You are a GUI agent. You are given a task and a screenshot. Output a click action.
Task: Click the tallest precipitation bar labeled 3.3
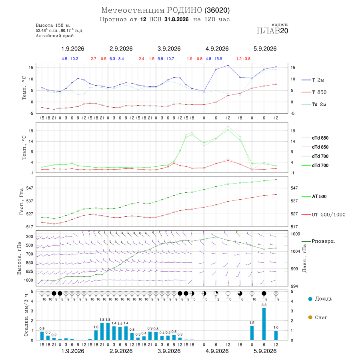pyautogui.click(x=264, y=324)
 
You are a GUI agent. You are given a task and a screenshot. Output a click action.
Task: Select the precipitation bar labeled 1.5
pyautogui.click(x=252, y=333)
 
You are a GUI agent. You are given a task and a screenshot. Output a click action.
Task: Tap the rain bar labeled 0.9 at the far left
pyautogui.click(x=42, y=336)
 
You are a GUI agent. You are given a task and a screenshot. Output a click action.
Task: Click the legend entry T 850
pyautogui.click(x=317, y=92)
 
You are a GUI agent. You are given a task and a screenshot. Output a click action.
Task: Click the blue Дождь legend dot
pyautogui.click(x=310, y=299)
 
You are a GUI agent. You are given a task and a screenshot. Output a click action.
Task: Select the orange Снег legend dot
pyautogui.click(x=310, y=317)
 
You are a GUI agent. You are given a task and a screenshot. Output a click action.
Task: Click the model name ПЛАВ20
pyautogui.click(x=272, y=31)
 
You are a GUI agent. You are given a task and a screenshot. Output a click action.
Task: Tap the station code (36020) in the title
pyautogui.click(x=217, y=10)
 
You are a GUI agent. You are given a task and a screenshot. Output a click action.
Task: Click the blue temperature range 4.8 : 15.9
pyautogui.click(x=214, y=59)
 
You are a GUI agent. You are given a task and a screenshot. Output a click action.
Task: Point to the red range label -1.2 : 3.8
pyautogui.click(x=242, y=59)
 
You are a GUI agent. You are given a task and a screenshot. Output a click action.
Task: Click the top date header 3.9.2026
pyautogui.click(x=169, y=49)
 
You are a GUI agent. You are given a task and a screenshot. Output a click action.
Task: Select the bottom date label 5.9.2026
pyautogui.click(x=265, y=351)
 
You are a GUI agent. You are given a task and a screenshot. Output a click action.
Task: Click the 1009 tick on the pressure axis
pyautogui.click(x=295, y=234)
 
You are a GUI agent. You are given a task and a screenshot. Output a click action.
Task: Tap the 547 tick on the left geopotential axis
pyautogui.click(x=30, y=188)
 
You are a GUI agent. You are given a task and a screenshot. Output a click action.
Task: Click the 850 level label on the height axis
pyautogui.click(x=30, y=263)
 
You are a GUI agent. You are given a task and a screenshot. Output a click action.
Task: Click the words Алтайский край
pyautogui.click(x=55, y=36)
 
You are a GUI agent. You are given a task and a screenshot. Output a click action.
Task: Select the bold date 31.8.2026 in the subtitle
pyautogui.click(x=176, y=19)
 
